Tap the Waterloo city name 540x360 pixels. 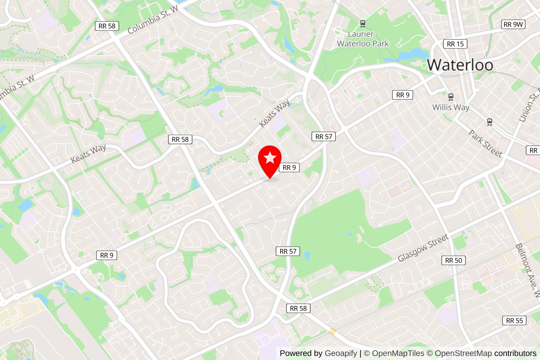460,65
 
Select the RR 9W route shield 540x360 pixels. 513,24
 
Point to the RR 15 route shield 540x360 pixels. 455,44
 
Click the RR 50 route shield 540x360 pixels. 453,260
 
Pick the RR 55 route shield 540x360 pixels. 514,320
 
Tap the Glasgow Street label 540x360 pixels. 423,248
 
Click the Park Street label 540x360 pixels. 485,144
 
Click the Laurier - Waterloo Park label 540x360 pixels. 363,39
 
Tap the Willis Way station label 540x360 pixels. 451,107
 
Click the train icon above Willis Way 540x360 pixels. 451,97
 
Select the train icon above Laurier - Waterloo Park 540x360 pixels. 363,24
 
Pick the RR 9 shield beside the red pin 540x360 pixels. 289,168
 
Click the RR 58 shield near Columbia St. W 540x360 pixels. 107,26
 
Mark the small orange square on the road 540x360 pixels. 332,331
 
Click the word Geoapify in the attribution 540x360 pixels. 341,353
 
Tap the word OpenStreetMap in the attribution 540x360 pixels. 463,353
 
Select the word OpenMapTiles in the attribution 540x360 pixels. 398,353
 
